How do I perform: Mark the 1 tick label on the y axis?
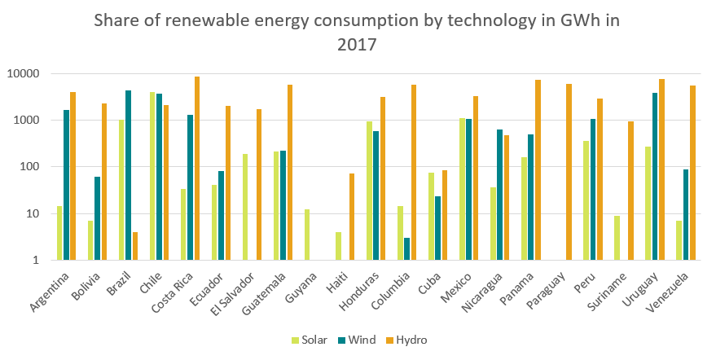[36, 261]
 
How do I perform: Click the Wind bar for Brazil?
[128, 175]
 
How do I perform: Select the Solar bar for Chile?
[152, 176]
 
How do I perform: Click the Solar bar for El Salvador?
[245, 207]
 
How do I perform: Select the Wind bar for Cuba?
[437, 228]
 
